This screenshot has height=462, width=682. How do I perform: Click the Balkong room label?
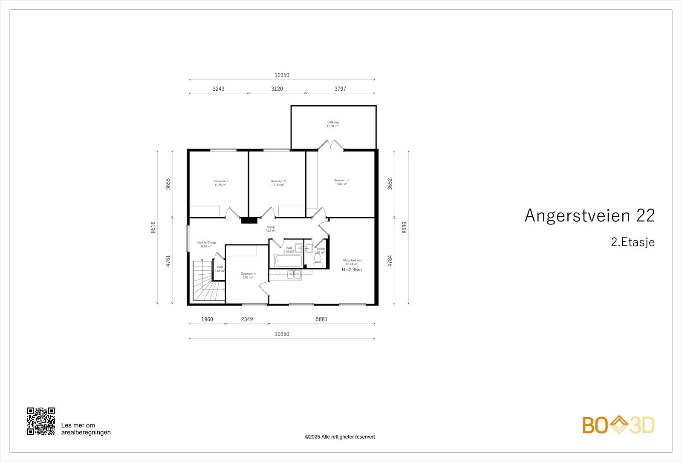click(332, 122)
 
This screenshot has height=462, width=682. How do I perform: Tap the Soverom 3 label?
click(221, 181)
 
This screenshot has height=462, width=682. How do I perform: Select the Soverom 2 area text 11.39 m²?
click(278, 185)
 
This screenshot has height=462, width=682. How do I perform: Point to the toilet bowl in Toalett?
click(318, 264)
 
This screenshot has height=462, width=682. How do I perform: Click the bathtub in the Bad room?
click(289, 261)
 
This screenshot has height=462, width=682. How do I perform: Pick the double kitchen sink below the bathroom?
click(294, 275)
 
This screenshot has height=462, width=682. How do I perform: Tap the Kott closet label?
click(220, 267)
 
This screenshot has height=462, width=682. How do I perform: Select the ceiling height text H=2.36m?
click(352, 270)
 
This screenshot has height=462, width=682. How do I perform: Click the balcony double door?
click(331, 146)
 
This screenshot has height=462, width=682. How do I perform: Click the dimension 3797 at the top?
click(340, 89)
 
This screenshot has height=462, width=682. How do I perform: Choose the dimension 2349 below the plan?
click(247, 319)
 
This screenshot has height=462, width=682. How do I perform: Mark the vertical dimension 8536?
click(405, 227)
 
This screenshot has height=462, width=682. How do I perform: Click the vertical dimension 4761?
click(168, 261)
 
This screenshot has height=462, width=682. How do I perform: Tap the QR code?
click(41, 421)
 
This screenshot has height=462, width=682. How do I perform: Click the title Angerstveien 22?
click(590, 216)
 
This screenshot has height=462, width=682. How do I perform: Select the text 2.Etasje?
click(633, 242)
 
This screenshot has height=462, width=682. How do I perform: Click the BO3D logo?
click(618, 425)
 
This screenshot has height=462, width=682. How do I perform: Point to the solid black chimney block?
click(249, 221)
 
